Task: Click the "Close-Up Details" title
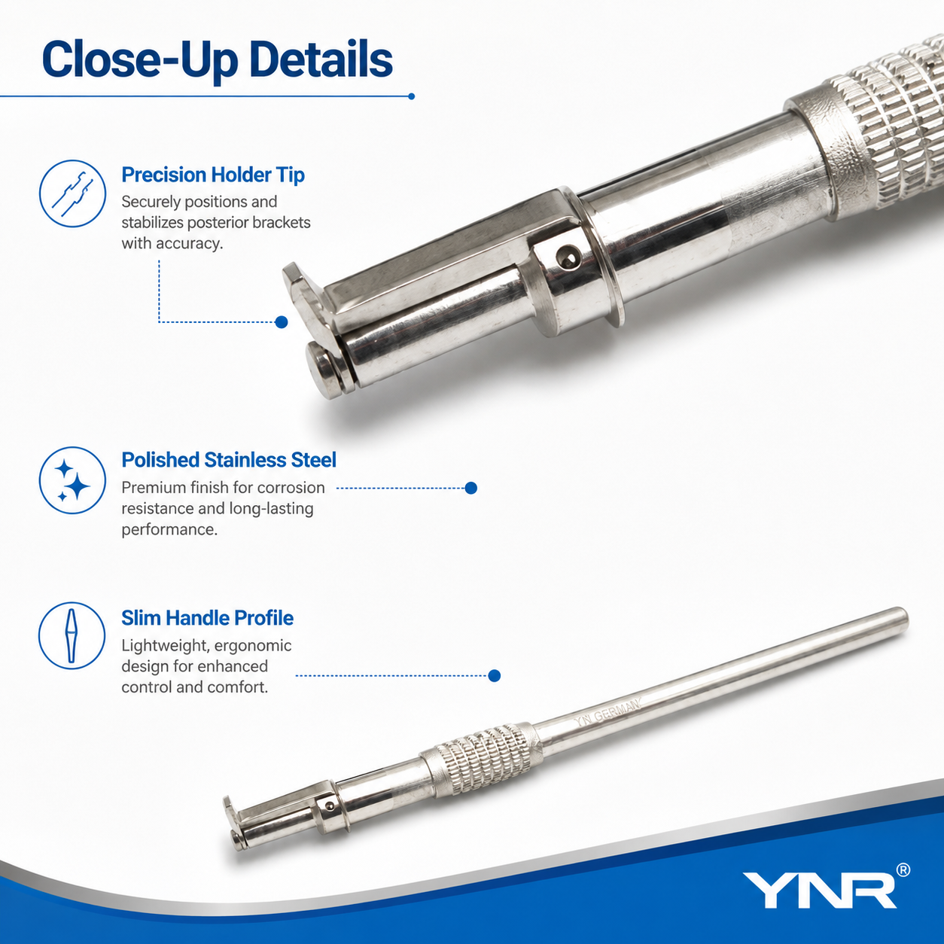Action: pyautogui.click(x=218, y=60)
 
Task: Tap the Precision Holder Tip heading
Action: pyautogui.click(x=213, y=175)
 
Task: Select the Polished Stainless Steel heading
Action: pyautogui.click(x=229, y=460)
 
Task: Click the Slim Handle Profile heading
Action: pyautogui.click(x=207, y=618)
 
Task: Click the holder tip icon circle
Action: pyautogui.click(x=72, y=193)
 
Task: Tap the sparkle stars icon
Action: pyautogui.click(x=72, y=480)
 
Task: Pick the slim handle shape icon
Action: pyautogui.click(x=72, y=636)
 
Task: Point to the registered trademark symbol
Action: pyautogui.click(x=903, y=870)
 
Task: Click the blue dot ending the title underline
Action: pyautogui.click(x=411, y=96)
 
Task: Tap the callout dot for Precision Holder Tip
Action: pyautogui.click(x=282, y=322)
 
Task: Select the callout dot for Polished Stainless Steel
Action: pyautogui.click(x=470, y=488)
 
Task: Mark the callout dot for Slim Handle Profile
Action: pyautogui.click(x=495, y=675)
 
